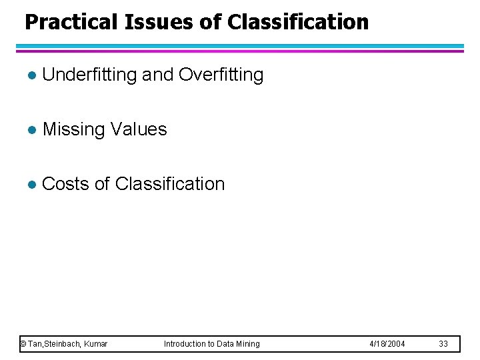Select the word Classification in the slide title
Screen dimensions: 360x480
(297, 22)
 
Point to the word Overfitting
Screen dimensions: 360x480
(221, 75)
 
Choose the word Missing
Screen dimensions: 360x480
(73, 129)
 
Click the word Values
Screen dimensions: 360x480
(139, 129)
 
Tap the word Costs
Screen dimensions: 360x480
(65, 183)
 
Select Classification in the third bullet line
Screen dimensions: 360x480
(170, 183)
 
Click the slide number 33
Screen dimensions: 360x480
(443, 344)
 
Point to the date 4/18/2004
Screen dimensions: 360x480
(387, 344)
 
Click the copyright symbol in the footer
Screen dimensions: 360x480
(23, 344)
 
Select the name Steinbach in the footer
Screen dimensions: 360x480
(64, 344)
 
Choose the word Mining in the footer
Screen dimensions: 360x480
(247, 344)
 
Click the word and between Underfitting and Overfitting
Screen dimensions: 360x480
(158, 75)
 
